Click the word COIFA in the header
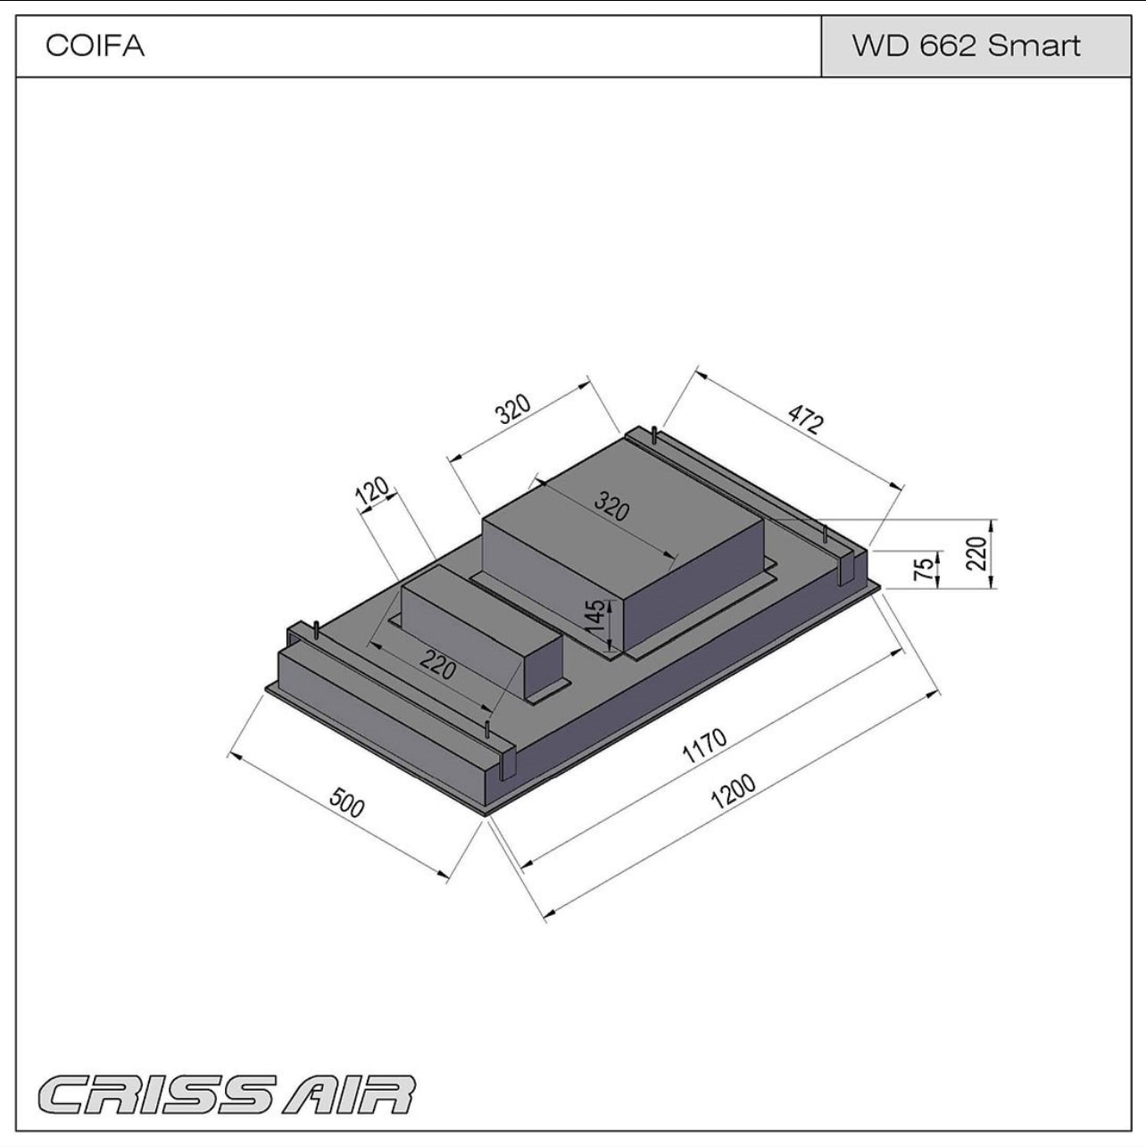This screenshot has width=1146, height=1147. click(95, 46)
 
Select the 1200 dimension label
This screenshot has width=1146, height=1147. click(733, 789)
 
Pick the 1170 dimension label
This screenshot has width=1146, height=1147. click(705, 746)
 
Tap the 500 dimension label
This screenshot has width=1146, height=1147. click(347, 802)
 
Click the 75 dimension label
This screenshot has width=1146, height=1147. click(927, 568)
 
